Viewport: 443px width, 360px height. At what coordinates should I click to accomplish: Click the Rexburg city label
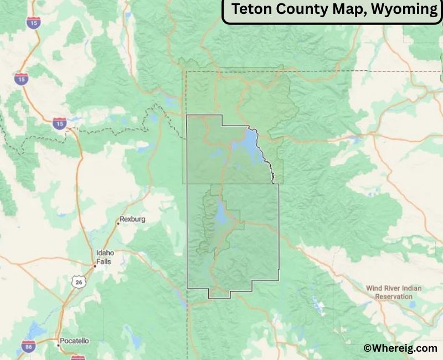coord(133,219)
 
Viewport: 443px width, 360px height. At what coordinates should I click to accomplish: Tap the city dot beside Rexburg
coord(119,223)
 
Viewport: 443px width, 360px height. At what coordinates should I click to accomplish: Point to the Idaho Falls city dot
coord(95,266)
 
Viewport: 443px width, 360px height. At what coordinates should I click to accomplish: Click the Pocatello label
coord(74,341)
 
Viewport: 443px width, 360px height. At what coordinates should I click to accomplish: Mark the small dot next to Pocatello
coord(58,345)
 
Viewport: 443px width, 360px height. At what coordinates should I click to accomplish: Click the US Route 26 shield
coord(78,281)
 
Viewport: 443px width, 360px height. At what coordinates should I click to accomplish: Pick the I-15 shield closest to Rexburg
coord(59,123)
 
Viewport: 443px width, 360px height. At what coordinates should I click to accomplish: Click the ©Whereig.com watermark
coord(400,348)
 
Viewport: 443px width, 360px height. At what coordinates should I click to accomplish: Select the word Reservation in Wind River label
coord(394,296)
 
